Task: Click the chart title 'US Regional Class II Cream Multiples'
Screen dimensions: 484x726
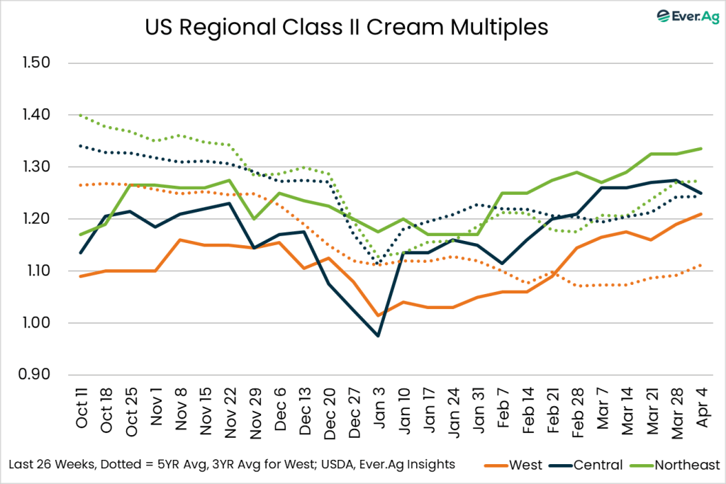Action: tap(347, 28)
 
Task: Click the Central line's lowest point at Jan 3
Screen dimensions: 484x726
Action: tap(377, 336)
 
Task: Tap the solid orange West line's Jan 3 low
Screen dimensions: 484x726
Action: tap(377, 315)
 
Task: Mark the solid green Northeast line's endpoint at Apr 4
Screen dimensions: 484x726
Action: tap(701, 149)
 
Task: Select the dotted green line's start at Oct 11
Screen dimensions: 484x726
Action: tap(81, 115)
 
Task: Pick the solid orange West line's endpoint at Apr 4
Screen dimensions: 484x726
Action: tap(701, 214)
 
